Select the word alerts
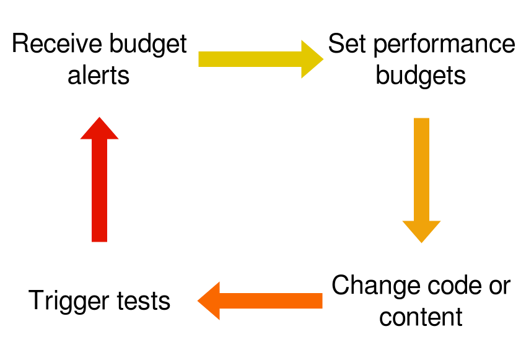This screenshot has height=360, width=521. [x=99, y=75]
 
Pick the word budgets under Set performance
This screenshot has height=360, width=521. [x=421, y=75]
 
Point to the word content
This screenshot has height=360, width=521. [x=421, y=317]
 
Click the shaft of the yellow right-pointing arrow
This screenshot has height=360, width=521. [x=248, y=59]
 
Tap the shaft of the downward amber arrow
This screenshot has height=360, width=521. [x=421, y=167]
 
